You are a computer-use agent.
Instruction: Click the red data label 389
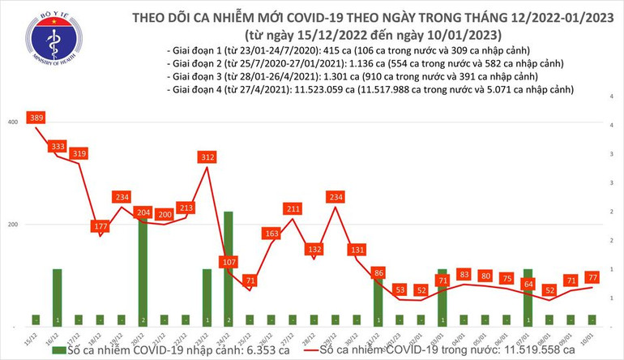[x=36, y=118]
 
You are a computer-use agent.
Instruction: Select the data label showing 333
[x=58, y=147]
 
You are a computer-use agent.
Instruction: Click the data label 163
[x=271, y=234]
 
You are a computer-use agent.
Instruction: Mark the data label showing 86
[x=378, y=273]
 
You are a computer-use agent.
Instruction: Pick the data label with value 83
[x=464, y=275]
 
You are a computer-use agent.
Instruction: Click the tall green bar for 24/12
[x=229, y=268]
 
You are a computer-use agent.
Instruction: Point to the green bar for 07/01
[x=528, y=297]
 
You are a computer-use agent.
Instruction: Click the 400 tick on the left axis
[x=13, y=122]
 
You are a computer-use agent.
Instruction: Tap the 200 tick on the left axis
[x=13, y=224]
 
